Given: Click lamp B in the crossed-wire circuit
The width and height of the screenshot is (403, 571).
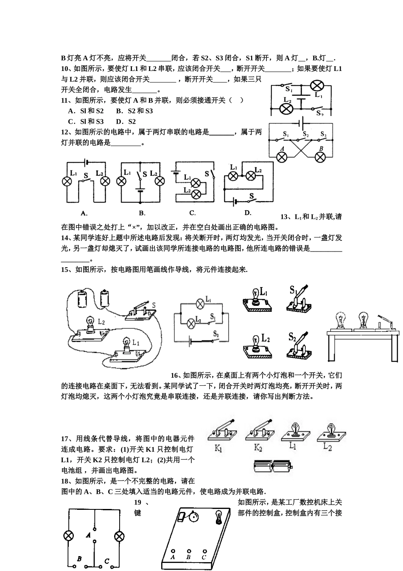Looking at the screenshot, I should (321, 157).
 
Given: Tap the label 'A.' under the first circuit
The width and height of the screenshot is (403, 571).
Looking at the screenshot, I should (84, 213).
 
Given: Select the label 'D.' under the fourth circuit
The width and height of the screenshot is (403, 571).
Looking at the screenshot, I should (248, 213).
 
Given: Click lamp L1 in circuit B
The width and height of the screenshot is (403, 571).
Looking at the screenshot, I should (122, 181).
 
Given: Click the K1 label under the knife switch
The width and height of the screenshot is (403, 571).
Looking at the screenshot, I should (218, 448).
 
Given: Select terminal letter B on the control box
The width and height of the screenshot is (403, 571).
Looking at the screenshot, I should (188, 557).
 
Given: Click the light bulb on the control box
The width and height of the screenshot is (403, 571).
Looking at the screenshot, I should (219, 517).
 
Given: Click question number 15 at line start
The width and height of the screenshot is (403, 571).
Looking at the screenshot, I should (66, 269).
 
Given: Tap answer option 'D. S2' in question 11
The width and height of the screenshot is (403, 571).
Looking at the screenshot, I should (126, 122).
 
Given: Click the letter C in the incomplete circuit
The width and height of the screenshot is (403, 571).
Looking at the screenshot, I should (106, 561).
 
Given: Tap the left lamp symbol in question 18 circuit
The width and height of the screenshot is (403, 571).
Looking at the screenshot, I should (67, 536).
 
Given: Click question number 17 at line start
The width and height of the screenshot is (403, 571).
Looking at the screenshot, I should (66, 438).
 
